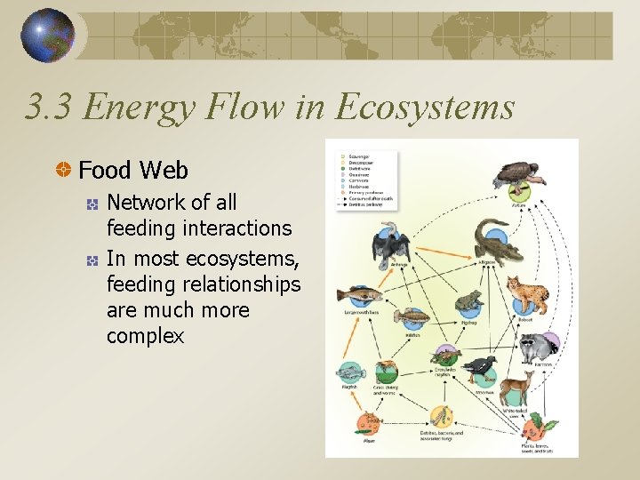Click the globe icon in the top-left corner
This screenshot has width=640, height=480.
click(50, 35)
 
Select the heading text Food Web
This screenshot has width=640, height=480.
click(133, 170)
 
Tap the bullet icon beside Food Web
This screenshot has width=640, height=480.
click(64, 170)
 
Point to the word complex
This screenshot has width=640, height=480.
click(145, 336)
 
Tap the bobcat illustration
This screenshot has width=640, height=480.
click(527, 294)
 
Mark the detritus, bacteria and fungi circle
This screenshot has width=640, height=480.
click(441, 417)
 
